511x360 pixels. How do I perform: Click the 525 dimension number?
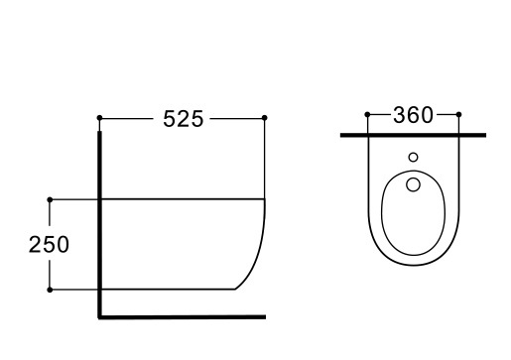point(182,119)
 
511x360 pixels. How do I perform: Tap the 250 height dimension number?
point(49,245)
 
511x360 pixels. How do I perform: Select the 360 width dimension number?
point(414,115)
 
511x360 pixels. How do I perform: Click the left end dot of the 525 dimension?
point(99,118)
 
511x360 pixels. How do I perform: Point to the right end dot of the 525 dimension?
point(265,118)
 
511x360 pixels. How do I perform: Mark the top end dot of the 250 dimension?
point(50,199)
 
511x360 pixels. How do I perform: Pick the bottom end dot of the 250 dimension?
point(50,290)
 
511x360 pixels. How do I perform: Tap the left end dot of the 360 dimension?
point(368,115)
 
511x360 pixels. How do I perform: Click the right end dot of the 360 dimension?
point(461,115)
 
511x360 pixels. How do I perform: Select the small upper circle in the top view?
point(414,158)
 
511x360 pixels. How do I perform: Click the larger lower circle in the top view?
point(414,184)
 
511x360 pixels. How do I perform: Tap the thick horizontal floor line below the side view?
point(184,317)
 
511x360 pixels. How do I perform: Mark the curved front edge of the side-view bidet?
point(260,248)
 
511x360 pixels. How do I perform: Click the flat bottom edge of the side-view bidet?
point(169,290)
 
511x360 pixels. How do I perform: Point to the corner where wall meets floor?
point(100,317)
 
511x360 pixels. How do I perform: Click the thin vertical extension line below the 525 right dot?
point(265,159)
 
